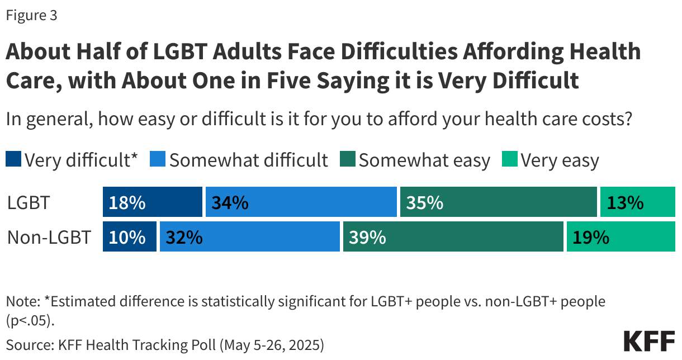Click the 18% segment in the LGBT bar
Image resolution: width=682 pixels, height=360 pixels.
click(x=152, y=202)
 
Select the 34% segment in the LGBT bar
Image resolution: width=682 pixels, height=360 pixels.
click(x=302, y=202)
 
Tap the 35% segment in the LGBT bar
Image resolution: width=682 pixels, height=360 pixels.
click(x=498, y=202)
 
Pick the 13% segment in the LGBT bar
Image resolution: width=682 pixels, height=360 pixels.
click(x=637, y=202)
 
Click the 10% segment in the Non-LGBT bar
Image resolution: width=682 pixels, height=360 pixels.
click(x=129, y=237)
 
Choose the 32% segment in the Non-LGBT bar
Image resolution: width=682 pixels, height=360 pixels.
click(x=249, y=237)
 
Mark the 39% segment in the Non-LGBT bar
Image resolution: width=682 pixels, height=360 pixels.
click(x=453, y=237)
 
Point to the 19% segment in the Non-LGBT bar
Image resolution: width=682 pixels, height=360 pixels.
click(x=621, y=237)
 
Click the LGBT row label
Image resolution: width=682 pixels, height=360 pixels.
click(x=29, y=203)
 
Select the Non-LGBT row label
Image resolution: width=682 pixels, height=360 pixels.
click(x=49, y=238)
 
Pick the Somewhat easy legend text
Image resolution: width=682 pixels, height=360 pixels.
click(x=424, y=160)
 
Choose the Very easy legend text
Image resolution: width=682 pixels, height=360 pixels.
click(x=560, y=160)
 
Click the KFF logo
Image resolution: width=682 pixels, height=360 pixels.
click(x=649, y=340)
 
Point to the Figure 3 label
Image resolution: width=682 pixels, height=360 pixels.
click(x=31, y=16)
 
